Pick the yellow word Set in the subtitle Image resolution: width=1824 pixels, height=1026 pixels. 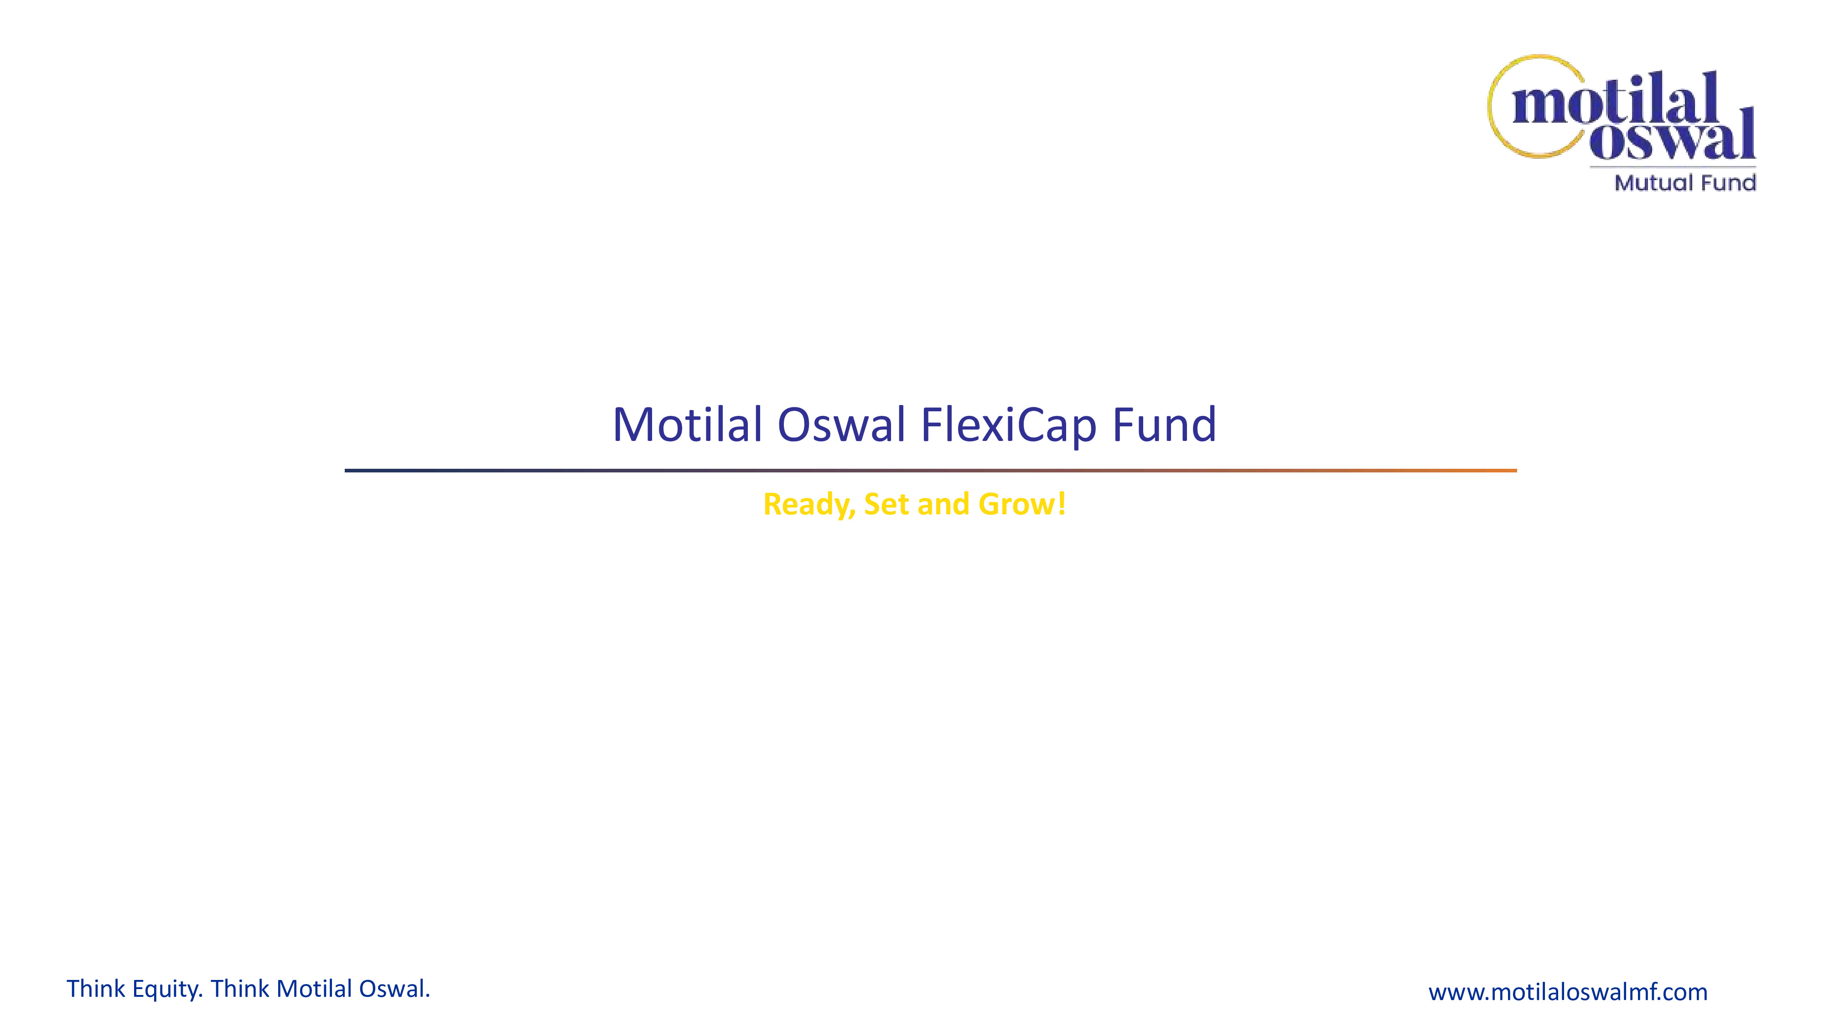[886, 504]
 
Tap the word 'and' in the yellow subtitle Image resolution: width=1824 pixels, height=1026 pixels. [943, 504]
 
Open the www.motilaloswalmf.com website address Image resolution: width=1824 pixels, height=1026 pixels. [1568, 991]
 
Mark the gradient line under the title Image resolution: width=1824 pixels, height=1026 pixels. [930, 470]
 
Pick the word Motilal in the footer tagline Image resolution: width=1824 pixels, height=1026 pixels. [314, 989]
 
